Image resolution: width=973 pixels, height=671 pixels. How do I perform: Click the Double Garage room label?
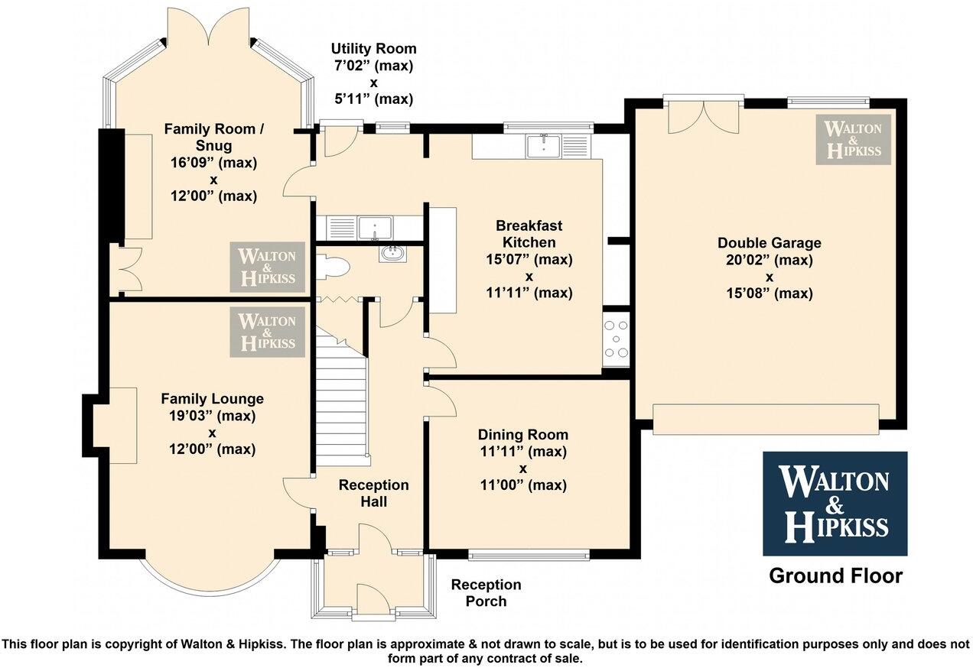769,243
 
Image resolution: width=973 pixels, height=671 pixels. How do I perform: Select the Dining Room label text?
523,435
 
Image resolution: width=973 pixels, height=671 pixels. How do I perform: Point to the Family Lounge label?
212,399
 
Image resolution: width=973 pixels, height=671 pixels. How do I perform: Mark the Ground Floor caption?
835,575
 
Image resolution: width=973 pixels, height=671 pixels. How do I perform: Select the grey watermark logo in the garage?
853,139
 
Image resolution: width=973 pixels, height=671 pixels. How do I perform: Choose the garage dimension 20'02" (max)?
769,260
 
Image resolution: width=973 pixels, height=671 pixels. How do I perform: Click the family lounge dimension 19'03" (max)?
212,416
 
